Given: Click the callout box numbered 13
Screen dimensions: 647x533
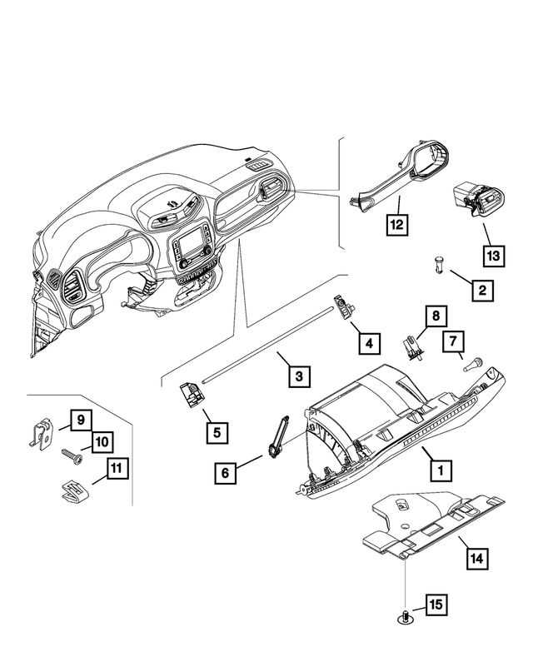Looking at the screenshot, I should coord(493,255).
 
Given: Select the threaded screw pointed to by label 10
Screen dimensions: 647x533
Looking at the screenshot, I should coord(69,456).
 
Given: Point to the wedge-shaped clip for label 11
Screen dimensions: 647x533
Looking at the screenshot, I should coord(76,490).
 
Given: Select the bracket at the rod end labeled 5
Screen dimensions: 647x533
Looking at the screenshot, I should coord(192,397).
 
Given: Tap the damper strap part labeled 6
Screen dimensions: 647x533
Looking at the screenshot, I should coord(279,436).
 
